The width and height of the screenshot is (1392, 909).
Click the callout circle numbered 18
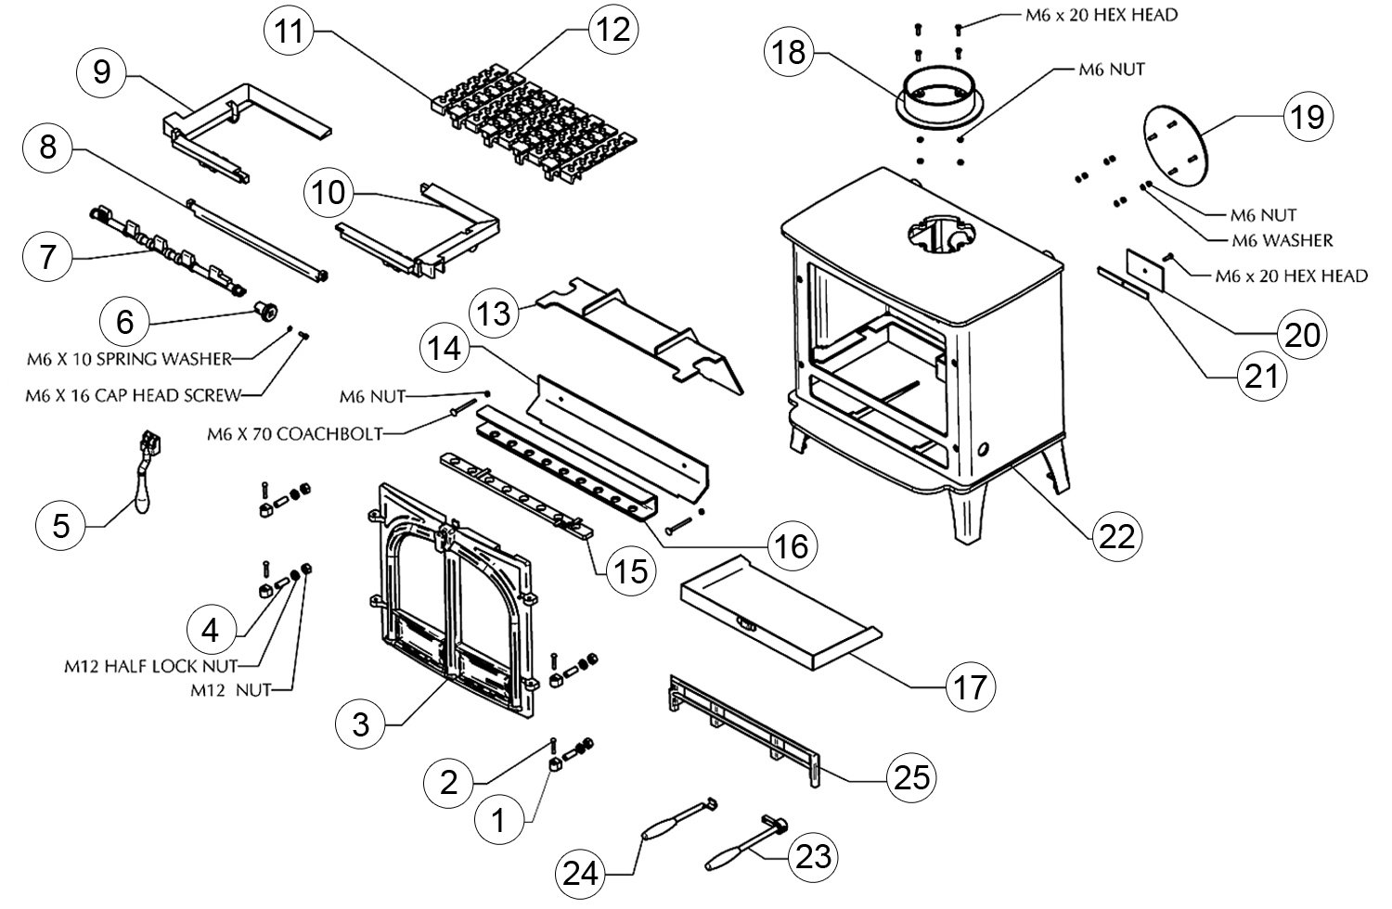[x=790, y=53]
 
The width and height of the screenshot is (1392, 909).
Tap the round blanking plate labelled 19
[x=1174, y=146]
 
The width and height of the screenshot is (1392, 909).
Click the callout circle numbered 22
[x=1115, y=534]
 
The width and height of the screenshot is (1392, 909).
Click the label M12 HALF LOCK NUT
[x=149, y=665]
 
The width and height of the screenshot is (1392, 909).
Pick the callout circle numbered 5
[x=61, y=526]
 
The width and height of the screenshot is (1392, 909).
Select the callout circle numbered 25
[x=910, y=777]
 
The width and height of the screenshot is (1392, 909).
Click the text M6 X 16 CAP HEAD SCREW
[x=133, y=396]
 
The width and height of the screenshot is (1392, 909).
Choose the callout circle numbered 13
[x=495, y=314]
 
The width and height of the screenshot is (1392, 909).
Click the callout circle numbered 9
[x=102, y=73]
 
